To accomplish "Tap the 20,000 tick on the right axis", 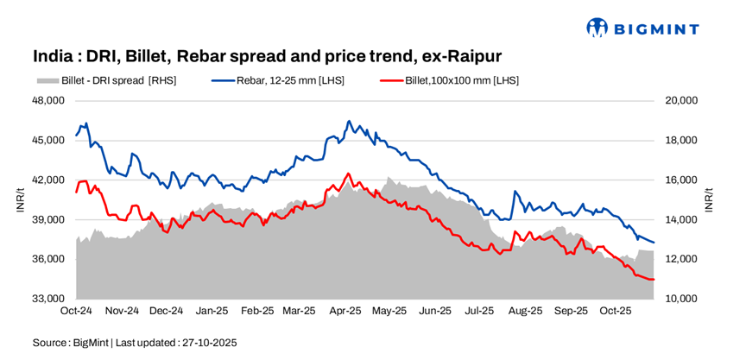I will pyautogui.click(x=682, y=100).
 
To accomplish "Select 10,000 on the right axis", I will pyautogui.click(x=682, y=299).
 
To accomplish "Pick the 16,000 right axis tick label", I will pyautogui.click(x=682, y=180).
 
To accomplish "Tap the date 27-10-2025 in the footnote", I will pyautogui.click(x=208, y=343).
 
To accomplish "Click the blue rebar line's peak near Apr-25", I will pyautogui.click(x=349, y=121).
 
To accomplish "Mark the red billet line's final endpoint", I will pyautogui.click(x=654, y=280).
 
